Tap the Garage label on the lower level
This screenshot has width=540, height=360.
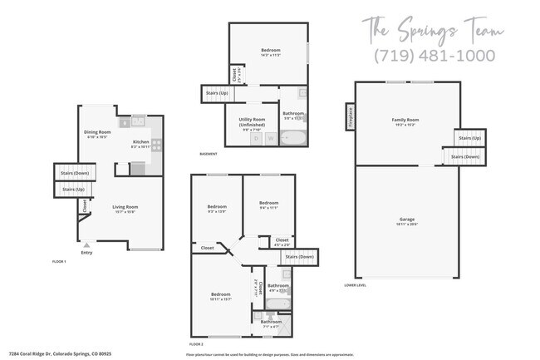[405, 219]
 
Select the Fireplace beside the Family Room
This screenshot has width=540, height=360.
[350, 116]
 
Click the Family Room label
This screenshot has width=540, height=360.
[405, 120]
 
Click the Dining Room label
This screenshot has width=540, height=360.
[97, 132]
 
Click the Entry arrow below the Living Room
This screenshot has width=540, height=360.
[86, 244]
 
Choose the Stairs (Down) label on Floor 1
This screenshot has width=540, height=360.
[70, 173]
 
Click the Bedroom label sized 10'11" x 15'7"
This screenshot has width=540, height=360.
[220, 294]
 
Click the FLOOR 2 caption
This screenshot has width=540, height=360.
[196, 343]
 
